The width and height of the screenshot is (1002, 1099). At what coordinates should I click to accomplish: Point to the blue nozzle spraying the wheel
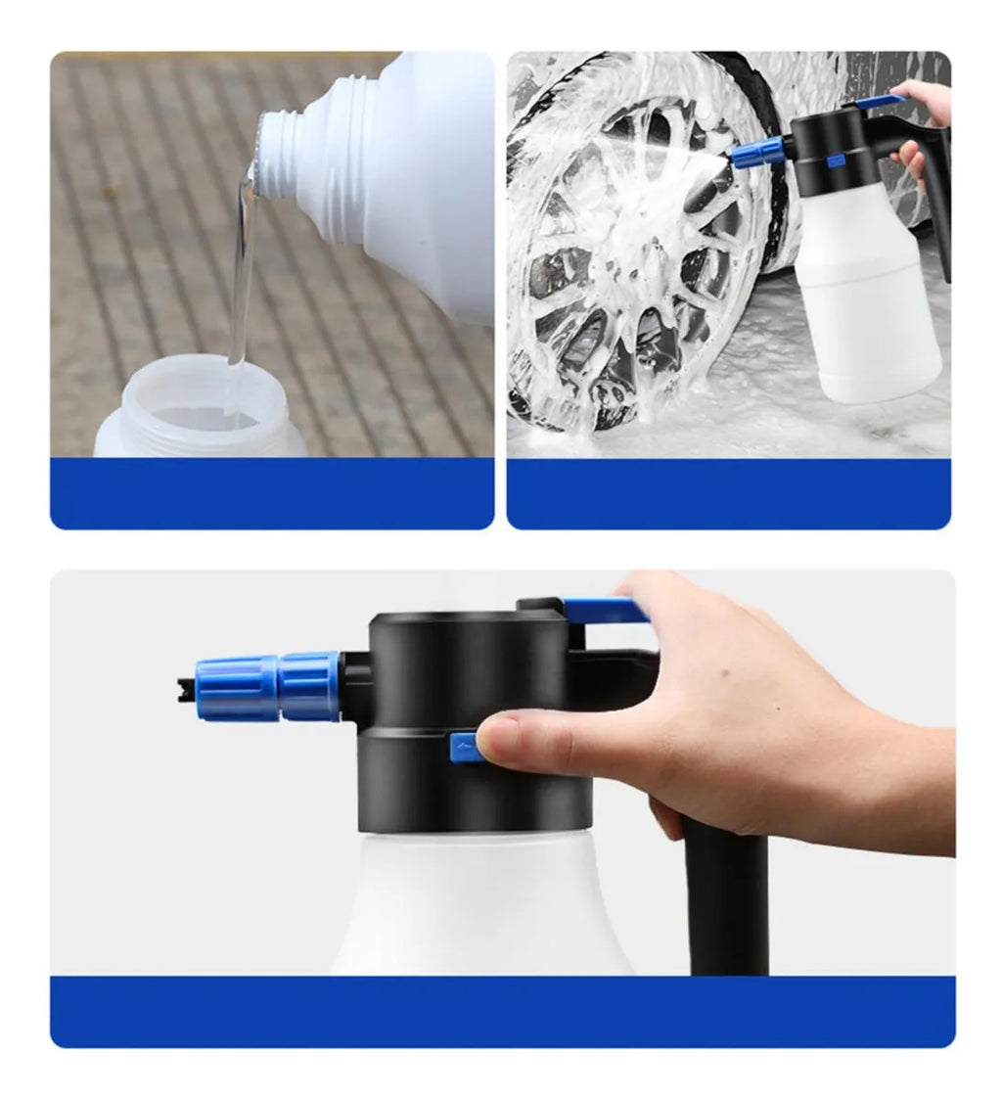point(758,153)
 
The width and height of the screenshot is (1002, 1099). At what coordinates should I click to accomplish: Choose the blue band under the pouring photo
point(272,493)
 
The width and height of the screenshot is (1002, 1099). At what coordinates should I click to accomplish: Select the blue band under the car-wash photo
point(728,493)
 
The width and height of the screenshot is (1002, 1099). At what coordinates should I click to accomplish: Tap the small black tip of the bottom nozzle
point(185,689)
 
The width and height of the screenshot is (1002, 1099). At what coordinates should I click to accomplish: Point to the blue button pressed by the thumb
point(464,749)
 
